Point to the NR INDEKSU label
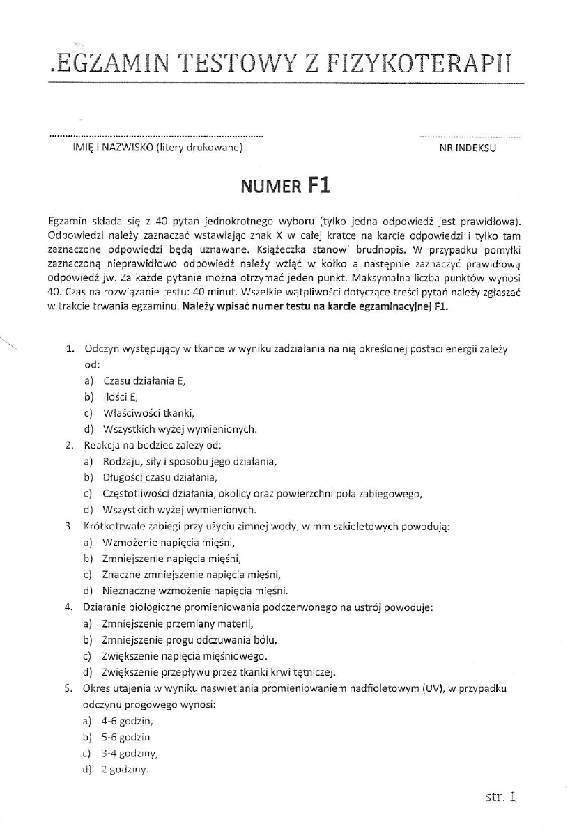[468, 148]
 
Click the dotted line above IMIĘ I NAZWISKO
[157, 135]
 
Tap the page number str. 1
[500, 794]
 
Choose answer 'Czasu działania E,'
[144, 380]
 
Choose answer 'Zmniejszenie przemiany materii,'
[176, 623]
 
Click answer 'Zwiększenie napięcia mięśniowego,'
[185, 656]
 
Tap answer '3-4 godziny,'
[129, 754]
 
